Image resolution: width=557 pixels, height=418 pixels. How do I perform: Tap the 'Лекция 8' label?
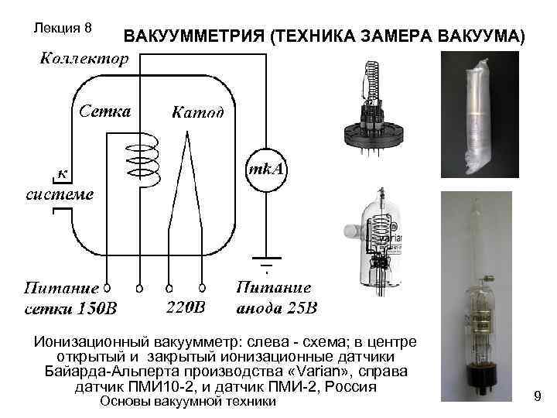click(x=64, y=28)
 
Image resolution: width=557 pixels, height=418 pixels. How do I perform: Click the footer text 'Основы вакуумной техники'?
click(x=189, y=401)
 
